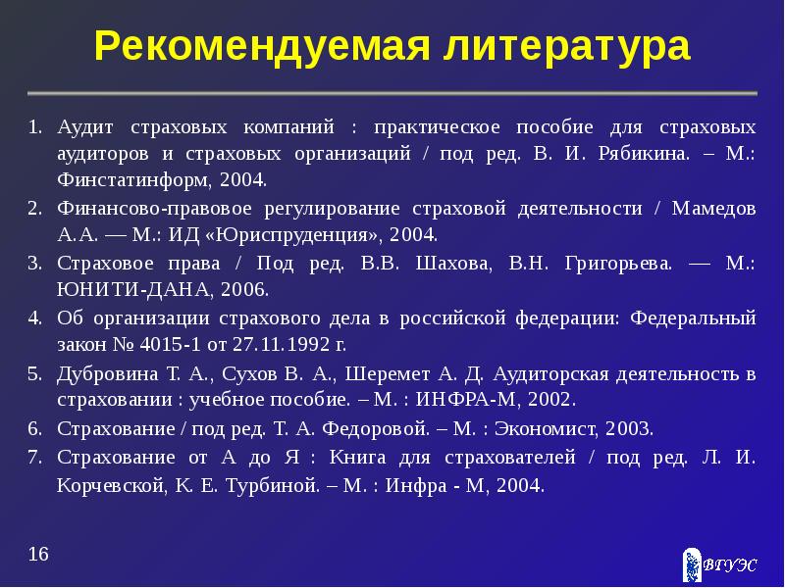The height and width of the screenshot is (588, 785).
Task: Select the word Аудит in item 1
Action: pyautogui.click(x=85, y=128)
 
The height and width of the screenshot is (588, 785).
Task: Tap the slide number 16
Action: pyautogui.click(x=38, y=555)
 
